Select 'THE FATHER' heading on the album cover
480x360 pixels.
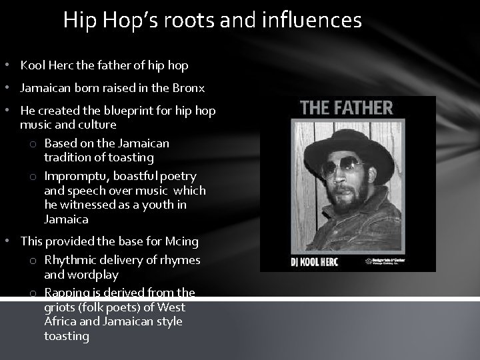(x=347, y=107)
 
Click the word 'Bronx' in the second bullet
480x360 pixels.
(x=188, y=88)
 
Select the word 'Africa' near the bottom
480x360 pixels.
(x=61, y=321)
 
